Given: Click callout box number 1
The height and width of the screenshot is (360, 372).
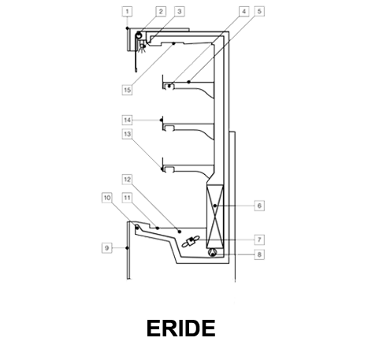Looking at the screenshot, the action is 127,12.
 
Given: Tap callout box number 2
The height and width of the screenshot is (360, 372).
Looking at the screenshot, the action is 161,11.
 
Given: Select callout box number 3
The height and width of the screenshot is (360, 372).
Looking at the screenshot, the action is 180,11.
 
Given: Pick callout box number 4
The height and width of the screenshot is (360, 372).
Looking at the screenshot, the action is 244,11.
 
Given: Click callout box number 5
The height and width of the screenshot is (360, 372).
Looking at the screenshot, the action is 259,11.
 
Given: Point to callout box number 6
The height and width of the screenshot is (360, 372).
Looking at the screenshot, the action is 259,206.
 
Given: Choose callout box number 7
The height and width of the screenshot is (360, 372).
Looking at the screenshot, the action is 259,239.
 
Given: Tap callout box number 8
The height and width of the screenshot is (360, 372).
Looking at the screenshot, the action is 259,254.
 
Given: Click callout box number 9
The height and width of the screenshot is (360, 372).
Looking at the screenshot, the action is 106,248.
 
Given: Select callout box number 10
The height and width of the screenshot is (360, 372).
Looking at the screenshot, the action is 106,198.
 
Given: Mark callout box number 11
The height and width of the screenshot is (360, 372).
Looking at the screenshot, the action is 127,198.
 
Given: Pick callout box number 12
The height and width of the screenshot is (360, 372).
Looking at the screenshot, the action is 127,180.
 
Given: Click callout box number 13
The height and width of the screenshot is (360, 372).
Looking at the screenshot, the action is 127,134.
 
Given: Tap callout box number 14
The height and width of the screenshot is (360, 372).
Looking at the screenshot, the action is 127,120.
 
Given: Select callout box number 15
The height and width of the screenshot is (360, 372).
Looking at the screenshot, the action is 127,90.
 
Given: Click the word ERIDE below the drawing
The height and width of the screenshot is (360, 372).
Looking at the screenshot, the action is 181,328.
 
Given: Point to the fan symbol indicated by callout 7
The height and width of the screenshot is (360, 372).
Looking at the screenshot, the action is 192,242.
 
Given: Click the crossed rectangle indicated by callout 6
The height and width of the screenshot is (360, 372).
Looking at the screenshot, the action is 215,216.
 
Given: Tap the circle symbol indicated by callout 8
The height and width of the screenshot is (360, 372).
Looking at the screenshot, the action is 213,253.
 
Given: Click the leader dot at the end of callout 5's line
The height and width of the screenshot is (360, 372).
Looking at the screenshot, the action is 188,82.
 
